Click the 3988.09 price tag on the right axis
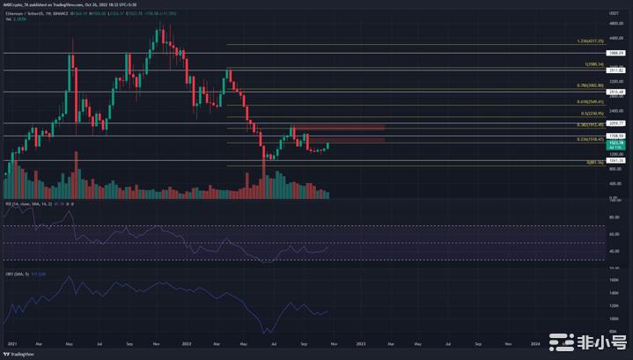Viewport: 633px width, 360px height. pos(615,53)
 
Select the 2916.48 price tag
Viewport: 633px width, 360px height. pos(615,92)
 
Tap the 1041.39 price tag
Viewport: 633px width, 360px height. pos(615,160)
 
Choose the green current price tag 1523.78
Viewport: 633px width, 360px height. pos(615,143)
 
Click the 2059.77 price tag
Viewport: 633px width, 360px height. pos(615,123)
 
